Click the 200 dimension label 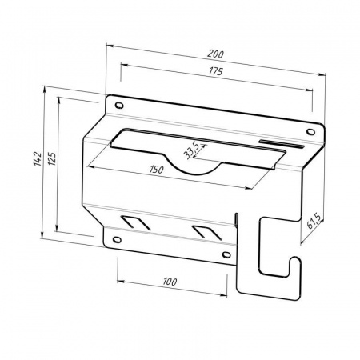click(x=215, y=54)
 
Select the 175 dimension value click(x=215, y=71)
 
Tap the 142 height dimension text click(x=38, y=158)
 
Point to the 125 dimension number click(x=52, y=158)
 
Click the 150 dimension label click(x=156, y=169)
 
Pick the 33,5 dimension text click(x=192, y=150)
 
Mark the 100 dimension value click(x=170, y=281)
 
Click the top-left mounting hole click(x=119, y=106)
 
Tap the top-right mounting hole click(x=310, y=132)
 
